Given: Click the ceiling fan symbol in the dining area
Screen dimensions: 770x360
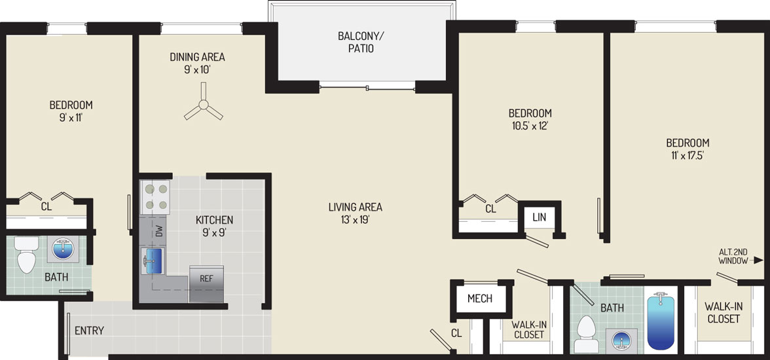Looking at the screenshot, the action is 203,105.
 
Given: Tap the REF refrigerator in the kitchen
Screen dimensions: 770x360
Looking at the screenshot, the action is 206,284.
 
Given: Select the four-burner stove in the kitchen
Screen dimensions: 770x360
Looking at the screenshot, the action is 155,197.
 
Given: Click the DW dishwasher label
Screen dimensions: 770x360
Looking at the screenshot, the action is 158,231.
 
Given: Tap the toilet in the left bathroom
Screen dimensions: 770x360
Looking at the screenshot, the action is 26,254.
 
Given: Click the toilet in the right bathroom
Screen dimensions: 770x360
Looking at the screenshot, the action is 585,333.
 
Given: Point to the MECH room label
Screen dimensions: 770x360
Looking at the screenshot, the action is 480,298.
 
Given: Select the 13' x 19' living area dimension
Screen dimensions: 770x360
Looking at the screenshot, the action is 355,220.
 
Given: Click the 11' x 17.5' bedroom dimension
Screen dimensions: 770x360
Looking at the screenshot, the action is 687,156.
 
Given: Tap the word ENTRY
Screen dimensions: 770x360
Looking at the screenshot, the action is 89,331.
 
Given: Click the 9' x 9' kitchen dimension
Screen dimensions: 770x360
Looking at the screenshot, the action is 214,232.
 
